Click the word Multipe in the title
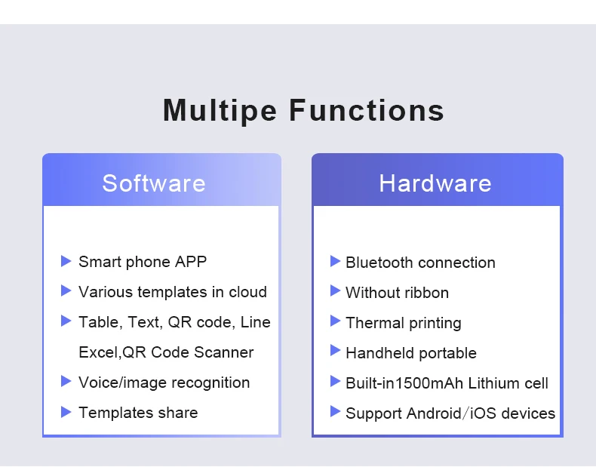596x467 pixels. [x=220, y=110]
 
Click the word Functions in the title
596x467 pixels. [x=367, y=110]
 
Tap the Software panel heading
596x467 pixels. [x=154, y=183]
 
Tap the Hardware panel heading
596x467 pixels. [x=435, y=183]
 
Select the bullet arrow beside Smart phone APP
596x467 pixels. [x=66, y=261]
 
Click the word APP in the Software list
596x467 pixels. [x=191, y=262]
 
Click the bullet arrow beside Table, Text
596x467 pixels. [x=66, y=321]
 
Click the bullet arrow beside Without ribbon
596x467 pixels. [x=336, y=291]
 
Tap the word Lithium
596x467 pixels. [x=496, y=383]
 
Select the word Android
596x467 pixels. [x=434, y=413]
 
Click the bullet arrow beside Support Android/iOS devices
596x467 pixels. [x=336, y=412]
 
